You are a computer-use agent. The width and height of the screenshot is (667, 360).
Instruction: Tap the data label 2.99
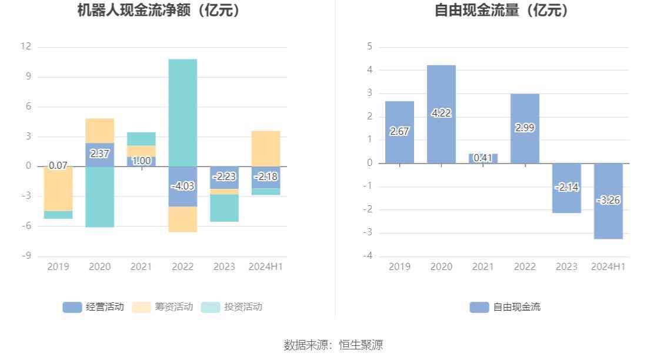tap(525, 128)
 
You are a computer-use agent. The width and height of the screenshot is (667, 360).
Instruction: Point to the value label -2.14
tap(566, 187)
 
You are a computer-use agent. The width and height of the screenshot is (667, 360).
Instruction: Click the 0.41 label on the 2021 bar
tap(483, 158)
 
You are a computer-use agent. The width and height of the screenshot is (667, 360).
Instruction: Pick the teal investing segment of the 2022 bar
tap(183, 112)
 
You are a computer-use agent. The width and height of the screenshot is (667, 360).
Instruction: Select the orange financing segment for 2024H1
tap(266, 148)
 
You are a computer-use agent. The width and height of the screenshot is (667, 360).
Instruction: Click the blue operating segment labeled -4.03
tap(183, 186)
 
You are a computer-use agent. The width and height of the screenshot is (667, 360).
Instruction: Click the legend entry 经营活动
tap(94, 306)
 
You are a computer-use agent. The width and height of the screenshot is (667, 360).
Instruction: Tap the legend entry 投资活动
tap(232, 306)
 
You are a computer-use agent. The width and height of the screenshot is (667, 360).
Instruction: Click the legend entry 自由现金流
tap(505, 306)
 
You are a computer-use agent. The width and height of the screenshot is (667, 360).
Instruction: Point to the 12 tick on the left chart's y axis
tap(25, 46)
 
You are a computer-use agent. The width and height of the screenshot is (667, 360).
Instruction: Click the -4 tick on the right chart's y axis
tap(368, 256)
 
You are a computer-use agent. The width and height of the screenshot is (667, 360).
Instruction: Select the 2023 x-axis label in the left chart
tap(224, 266)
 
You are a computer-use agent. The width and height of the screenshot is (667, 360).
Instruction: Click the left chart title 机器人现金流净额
tap(159, 10)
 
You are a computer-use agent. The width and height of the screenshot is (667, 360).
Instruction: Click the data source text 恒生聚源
tap(361, 345)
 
